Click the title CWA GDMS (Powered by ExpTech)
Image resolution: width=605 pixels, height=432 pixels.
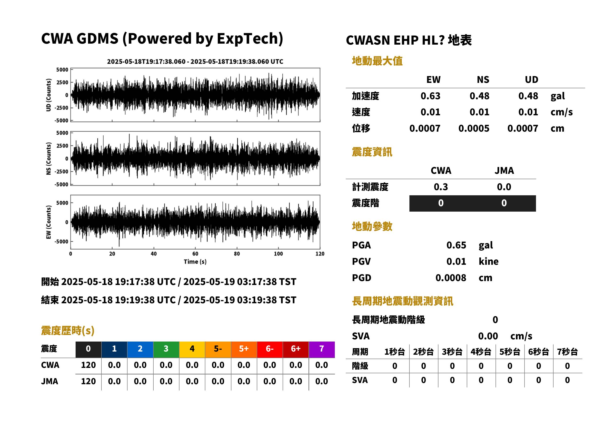[x=162, y=39]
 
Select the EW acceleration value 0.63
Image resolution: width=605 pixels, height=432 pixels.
[x=430, y=96]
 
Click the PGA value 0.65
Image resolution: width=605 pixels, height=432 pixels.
[x=456, y=245]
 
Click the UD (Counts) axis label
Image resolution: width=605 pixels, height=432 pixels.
[x=49, y=95]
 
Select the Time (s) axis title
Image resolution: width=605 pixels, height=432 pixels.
[x=195, y=262]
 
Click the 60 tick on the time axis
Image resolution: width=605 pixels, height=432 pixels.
[x=195, y=254]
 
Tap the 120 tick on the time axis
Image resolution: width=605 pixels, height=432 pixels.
[x=320, y=254]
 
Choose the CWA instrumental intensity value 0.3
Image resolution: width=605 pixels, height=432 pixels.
[x=441, y=187]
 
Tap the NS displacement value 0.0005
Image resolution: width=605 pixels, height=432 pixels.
[x=474, y=128]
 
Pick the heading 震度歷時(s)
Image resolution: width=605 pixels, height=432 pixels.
[x=68, y=331]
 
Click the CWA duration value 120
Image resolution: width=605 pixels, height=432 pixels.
[x=88, y=365]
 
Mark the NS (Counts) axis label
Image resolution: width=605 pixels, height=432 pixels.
[x=49, y=158]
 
